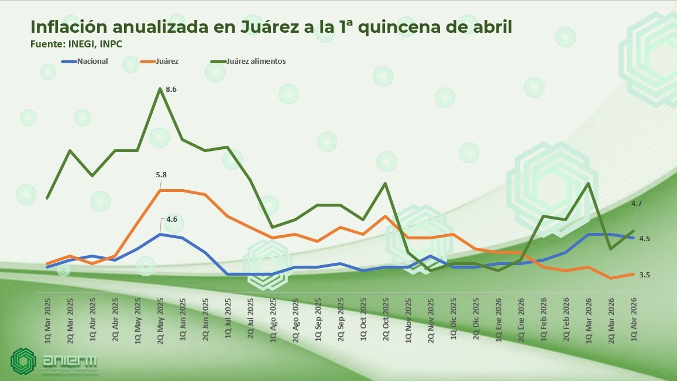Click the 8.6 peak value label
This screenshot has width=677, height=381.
pyautogui.click(x=171, y=90)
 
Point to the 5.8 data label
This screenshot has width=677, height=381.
pyautogui.click(x=161, y=174)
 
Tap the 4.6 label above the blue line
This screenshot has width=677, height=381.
pyautogui.click(x=171, y=219)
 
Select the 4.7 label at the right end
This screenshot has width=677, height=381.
pyautogui.click(x=637, y=203)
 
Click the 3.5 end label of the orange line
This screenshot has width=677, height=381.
pyautogui.click(x=644, y=274)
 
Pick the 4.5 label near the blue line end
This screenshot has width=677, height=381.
pyautogui.click(x=644, y=238)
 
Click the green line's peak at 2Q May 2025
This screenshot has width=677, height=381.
pyautogui.click(x=160, y=89)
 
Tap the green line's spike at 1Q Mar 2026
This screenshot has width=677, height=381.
pyautogui.click(x=588, y=183)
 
